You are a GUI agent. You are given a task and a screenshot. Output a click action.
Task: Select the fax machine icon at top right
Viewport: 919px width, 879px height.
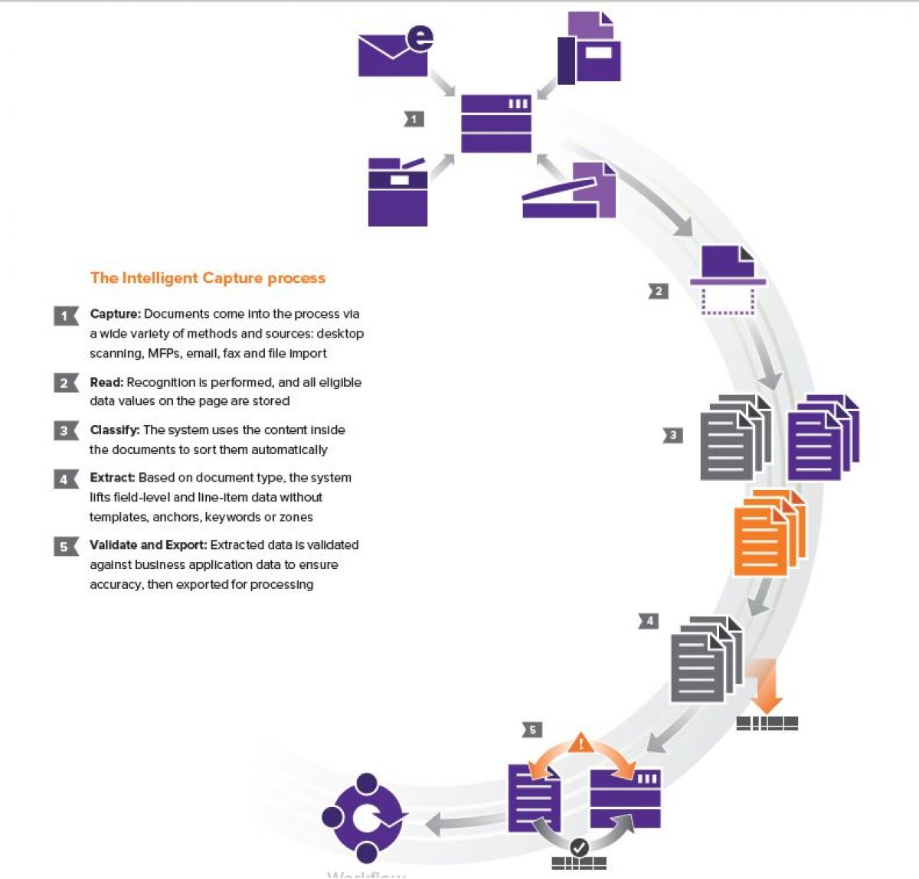[x=589, y=49]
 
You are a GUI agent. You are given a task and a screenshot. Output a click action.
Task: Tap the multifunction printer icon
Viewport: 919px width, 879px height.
[x=397, y=192]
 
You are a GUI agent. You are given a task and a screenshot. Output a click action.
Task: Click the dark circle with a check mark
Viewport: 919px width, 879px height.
[x=580, y=847]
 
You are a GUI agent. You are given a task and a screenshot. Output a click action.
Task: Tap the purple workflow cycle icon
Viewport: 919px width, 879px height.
[x=365, y=818]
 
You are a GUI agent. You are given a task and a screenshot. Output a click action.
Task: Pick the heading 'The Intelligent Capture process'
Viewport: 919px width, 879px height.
[x=208, y=278]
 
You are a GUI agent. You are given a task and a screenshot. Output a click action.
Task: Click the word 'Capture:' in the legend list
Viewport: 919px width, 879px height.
[x=115, y=314]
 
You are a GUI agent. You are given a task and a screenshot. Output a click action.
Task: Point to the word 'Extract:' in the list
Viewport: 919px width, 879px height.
[x=112, y=478]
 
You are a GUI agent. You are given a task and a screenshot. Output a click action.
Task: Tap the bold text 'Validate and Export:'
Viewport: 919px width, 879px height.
[x=148, y=545]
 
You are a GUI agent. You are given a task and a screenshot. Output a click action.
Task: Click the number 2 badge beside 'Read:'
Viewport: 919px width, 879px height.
[x=65, y=383]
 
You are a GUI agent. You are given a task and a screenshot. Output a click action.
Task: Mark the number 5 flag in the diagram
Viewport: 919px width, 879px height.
[x=532, y=730]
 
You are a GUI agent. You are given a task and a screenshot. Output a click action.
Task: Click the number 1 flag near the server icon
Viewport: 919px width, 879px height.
[x=414, y=119]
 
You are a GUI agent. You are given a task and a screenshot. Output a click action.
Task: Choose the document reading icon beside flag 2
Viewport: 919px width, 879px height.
[x=728, y=281]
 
